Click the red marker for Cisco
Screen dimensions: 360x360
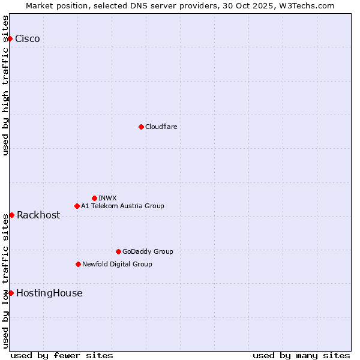(x=10, y=39)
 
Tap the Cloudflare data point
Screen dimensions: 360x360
(x=141, y=127)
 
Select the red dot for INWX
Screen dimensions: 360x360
(x=94, y=198)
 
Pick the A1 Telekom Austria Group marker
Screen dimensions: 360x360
(x=77, y=206)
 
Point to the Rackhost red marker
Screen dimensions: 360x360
(x=11, y=215)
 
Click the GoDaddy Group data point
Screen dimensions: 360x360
(x=118, y=251)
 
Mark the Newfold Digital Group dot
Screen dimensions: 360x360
(x=78, y=264)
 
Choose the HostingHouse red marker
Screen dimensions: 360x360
(x=11, y=293)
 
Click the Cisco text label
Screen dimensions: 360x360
(x=28, y=39)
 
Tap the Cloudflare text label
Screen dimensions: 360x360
(x=161, y=127)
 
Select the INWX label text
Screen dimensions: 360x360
(x=107, y=198)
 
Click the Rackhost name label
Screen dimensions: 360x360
(x=38, y=215)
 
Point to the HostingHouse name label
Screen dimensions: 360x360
(x=49, y=293)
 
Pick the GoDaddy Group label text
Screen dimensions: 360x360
(x=148, y=251)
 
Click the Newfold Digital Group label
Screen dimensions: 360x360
(x=117, y=264)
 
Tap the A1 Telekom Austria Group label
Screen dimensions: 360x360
(x=122, y=206)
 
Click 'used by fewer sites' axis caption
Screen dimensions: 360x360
(x=62, y=355)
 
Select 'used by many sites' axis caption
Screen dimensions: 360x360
(x=301, y=355)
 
